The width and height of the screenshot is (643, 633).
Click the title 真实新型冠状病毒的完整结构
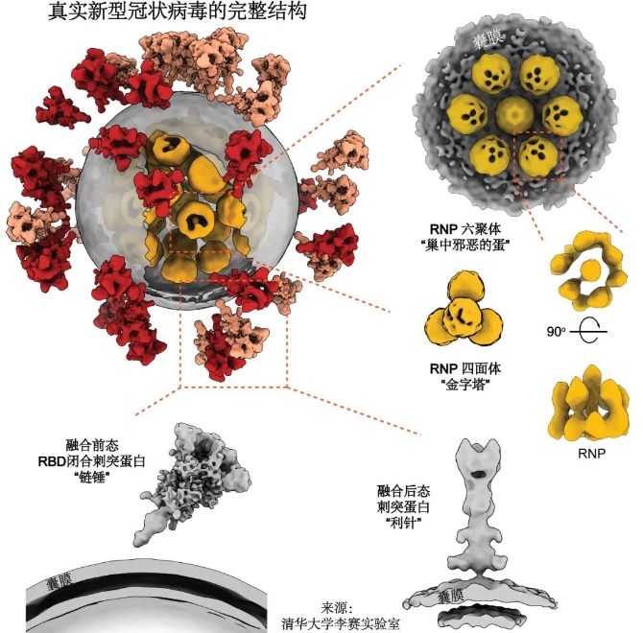(178, 12)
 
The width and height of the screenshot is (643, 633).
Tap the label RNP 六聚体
(465, 229)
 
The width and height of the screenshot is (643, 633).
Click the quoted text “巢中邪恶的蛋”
(464, 246)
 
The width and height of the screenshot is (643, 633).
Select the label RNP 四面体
(465, 368)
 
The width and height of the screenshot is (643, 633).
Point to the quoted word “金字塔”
(464, 386)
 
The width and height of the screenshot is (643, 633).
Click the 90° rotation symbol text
(556, 331)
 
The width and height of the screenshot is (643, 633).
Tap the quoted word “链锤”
(93, 478)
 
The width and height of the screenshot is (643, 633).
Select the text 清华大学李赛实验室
(340, 623)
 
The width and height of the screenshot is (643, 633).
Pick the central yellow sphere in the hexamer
(515, 114)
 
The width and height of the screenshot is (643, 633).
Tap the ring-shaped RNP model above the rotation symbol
(588, 270)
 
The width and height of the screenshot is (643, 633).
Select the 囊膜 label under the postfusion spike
(451, 597)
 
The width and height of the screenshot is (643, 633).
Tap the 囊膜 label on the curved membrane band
(60, 581)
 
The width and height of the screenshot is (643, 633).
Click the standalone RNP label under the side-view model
(591, 453)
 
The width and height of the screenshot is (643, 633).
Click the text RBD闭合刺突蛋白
(92, 461)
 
